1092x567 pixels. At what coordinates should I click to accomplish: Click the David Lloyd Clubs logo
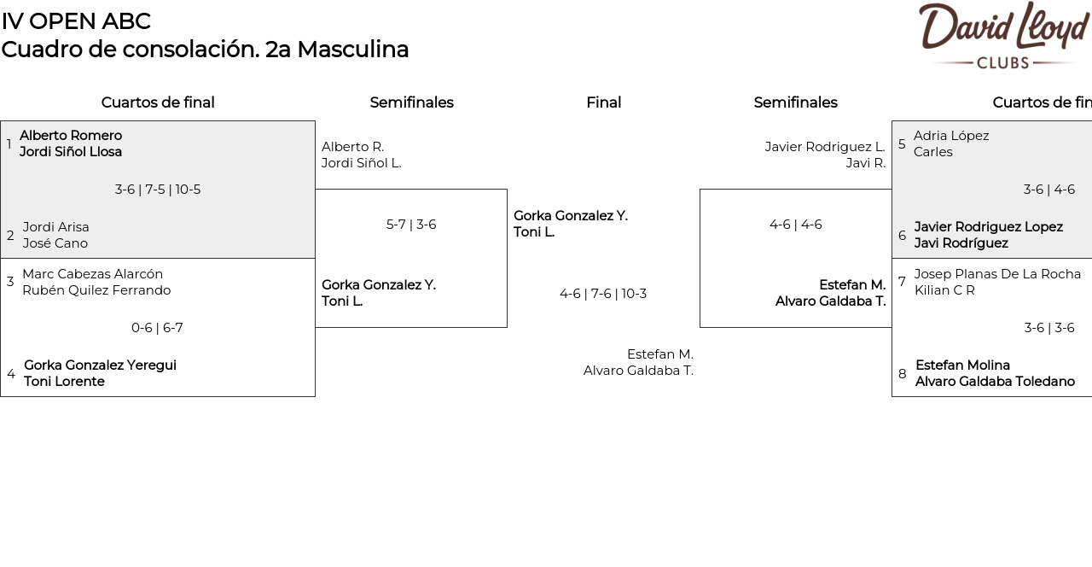click(x=1003, y=36)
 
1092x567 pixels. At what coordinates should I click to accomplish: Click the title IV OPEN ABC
click(x=76, y=21)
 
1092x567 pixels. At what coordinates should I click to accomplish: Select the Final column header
click(x=603, y=102)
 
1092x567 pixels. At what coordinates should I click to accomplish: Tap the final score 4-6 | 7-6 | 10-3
click(x=603, y=294)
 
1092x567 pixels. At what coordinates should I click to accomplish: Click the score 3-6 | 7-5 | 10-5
click(x=158, y=190)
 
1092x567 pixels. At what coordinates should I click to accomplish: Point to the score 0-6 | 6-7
click(x=157, y=328)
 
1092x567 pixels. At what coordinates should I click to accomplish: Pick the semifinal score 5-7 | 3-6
click(x=411, y=225)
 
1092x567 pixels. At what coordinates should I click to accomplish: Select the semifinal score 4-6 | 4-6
click(x=795, y=225)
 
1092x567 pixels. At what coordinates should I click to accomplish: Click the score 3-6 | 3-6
click(x=1049, y=328)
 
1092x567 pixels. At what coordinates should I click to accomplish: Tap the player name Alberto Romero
click(x=71, y=136)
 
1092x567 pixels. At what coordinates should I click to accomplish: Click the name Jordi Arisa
click(x=56, y=227)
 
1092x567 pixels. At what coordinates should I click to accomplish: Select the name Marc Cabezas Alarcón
click(x=92, y=274)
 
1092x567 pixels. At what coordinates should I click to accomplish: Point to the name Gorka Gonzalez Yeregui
click(x=100, y=365)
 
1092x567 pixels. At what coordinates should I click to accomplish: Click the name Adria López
click(x=951, y=136)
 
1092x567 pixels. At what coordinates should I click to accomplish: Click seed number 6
click(x=902, y=236)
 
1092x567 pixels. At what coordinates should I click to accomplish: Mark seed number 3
click(x=10, y=282)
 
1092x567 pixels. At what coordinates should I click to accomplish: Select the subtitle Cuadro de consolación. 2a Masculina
click(x=205, y=50)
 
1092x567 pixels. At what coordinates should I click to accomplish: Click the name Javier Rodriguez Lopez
click(x=988, y=227)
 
